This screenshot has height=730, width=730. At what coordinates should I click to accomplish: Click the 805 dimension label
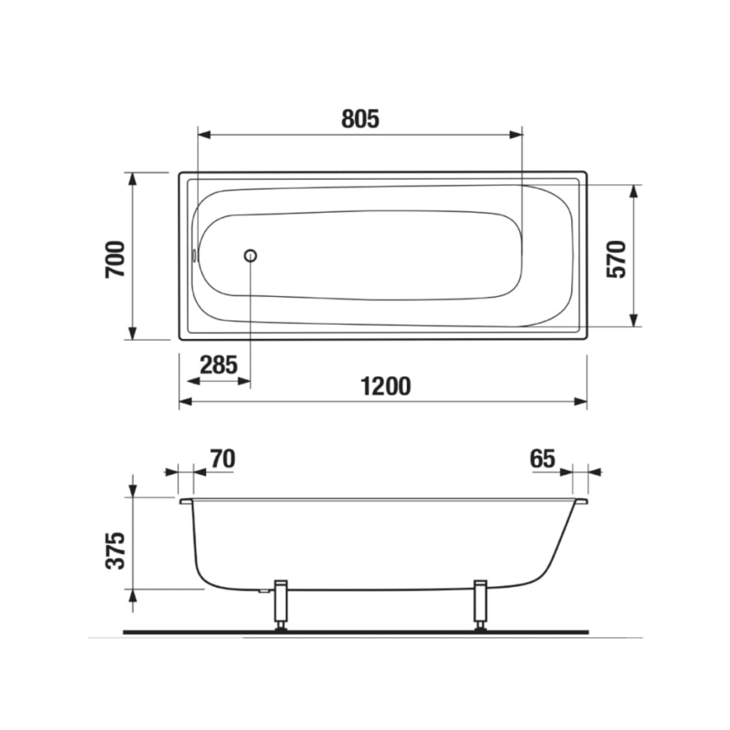tap(361, 119)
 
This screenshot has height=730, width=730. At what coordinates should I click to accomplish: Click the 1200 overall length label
tap(385, 386)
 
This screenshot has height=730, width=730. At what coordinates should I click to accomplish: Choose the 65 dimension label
tap(542, 458)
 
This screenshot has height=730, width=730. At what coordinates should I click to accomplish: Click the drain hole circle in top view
tap(250, 256)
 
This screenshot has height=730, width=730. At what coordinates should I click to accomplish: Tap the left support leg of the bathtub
tap(282, 605)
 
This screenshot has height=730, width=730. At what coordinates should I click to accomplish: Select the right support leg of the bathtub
tap(481, 605)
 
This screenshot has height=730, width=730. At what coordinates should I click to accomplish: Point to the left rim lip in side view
tap(186, 501)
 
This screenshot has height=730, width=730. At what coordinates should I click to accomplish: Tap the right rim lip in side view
tap(581, 501)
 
